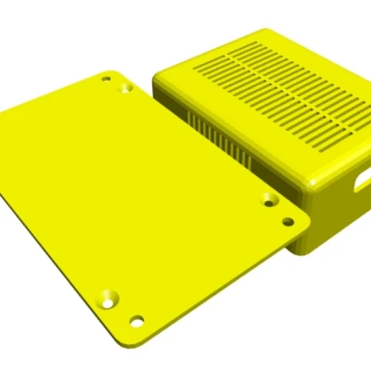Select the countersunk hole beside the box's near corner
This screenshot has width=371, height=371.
pyautogui.click(x=269, y=199)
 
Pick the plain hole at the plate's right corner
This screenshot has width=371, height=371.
pyautogui.click(x=288, y=222)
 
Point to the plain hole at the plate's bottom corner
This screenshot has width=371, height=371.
pyautogui.click(x=137, y=322)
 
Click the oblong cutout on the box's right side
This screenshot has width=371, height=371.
pyautogui.click(x=358, y=183)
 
